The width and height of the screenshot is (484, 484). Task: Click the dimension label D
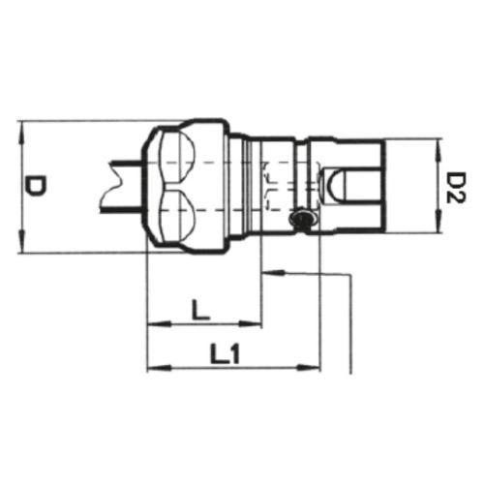[x=36, y=187]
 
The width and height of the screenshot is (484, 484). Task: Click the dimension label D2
[x=456, y=187]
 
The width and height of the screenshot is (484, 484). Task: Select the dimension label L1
[x=226, y=353]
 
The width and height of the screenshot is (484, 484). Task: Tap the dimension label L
[x=200, y=310]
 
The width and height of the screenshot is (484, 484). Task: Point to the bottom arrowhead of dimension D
[x=21, y=241]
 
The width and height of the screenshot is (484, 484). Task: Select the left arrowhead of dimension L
[x=160, y=323]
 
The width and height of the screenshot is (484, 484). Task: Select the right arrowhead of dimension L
[x=249, y=323]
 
